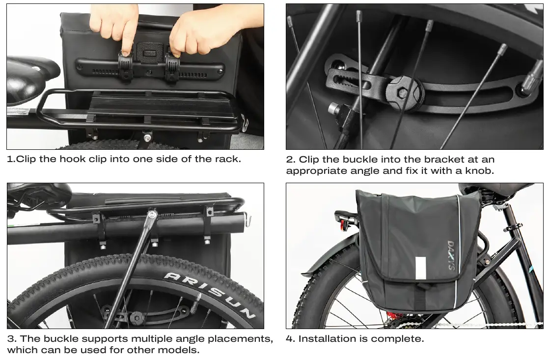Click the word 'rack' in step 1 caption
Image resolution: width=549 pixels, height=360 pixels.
[229, 159]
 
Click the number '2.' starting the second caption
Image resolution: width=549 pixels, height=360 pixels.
[291, 160]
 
